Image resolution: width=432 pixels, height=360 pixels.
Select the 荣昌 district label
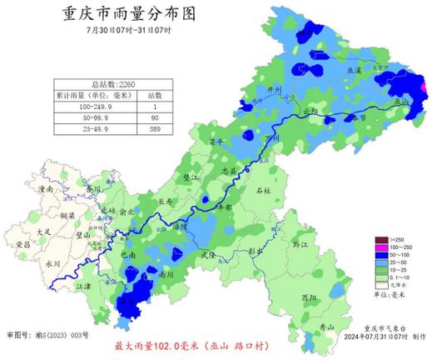click(x=23, y=244)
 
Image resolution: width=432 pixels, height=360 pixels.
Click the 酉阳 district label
click(x=309, y=297)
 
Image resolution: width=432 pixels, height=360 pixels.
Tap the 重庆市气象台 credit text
click(x=380, y=329)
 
